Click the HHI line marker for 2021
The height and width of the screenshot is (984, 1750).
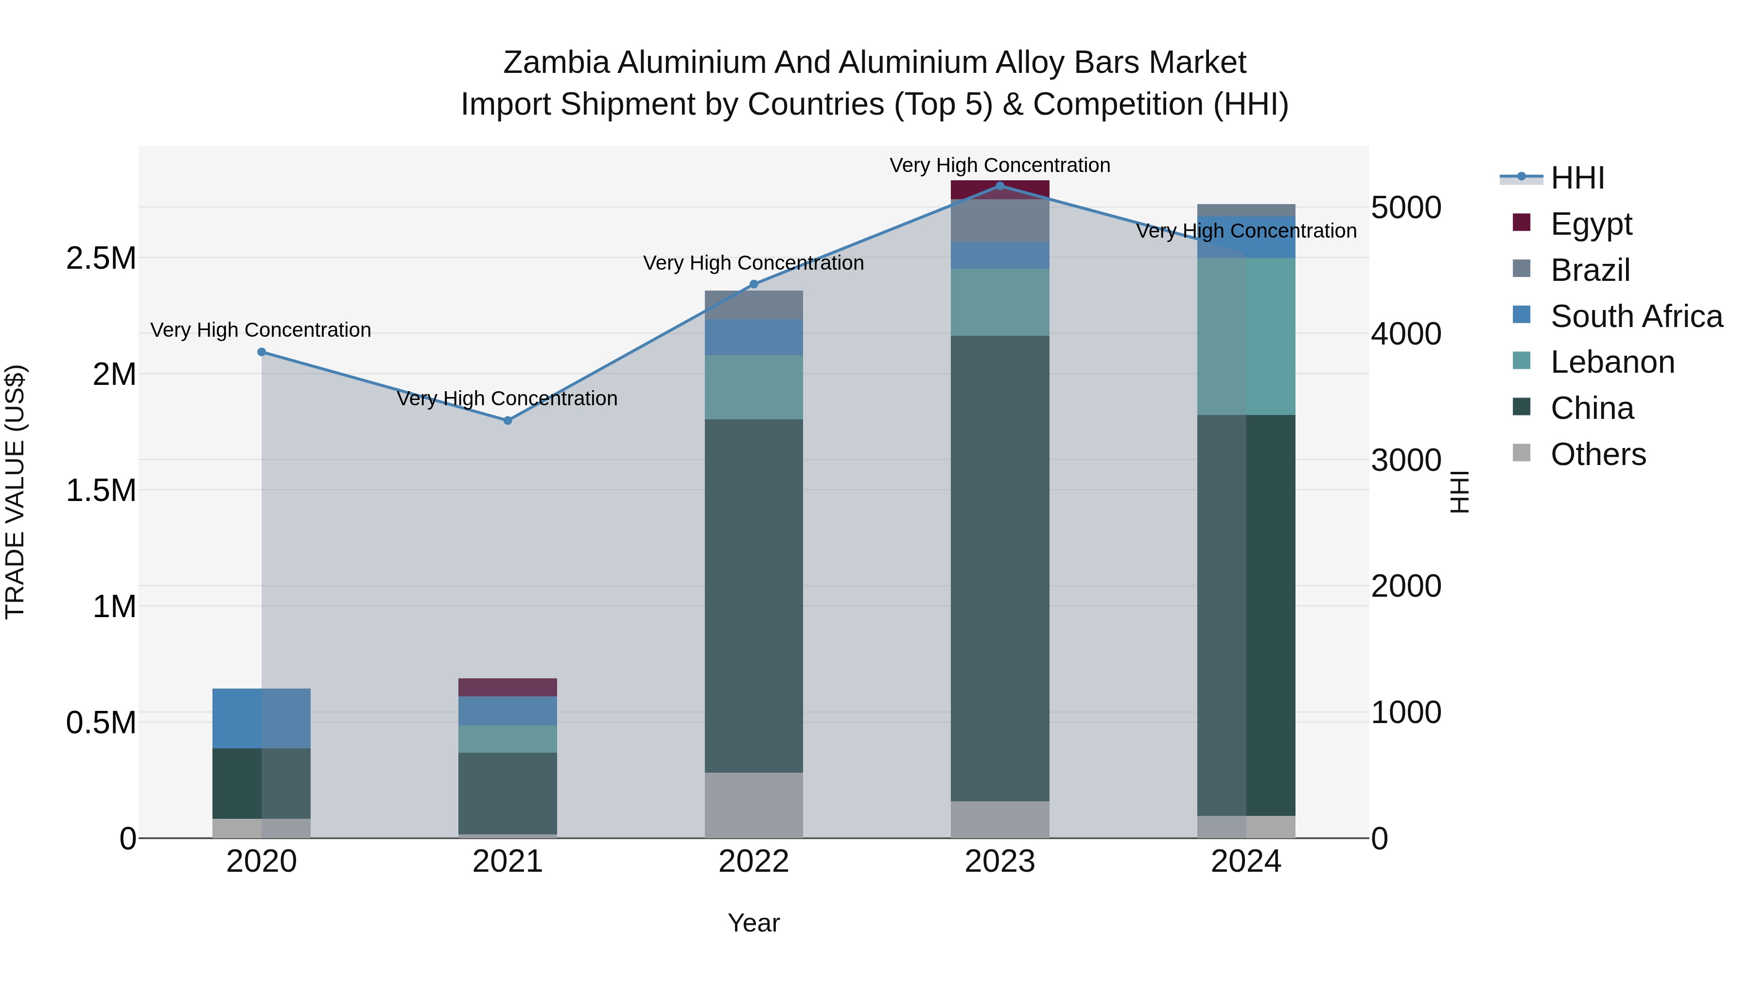tap(507, 420)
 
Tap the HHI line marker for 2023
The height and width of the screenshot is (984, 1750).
tap(999, 186)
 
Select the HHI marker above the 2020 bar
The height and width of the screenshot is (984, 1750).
tap(262, 352)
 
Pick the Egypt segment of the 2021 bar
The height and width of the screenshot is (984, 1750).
tap(507, 687)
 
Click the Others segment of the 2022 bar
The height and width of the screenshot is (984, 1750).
tap(753, 805)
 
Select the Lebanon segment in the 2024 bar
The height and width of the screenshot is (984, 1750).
tap(1246, 336)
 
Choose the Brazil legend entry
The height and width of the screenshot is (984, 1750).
tap(1590, 270)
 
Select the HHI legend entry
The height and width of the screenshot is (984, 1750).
tap(1577, 178)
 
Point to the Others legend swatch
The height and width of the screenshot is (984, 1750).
tap(1522, 453)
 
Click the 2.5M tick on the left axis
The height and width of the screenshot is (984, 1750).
tap(101, 259)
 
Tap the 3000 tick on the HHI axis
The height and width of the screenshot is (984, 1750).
tap(1405, 461)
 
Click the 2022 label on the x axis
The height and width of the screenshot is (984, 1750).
tap(753, 862)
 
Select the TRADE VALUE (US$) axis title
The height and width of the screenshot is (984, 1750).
tap(15, 492)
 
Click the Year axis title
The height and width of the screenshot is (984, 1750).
tap(753, 923)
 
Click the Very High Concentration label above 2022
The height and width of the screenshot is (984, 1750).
tap(753, 263)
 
